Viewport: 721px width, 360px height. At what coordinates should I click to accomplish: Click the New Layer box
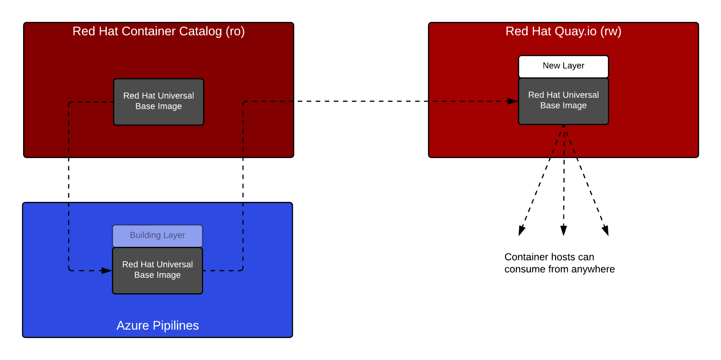pos(563,66)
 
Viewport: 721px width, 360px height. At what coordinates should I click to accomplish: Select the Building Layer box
pos(157,236)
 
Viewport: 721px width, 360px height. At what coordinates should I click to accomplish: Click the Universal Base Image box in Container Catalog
pos(159,102)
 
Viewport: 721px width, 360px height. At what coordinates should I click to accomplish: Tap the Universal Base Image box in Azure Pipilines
pos(157,271)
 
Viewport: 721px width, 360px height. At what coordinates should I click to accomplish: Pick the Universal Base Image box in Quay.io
pos(563,101)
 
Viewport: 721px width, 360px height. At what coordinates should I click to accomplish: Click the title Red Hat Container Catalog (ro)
pos(159,31)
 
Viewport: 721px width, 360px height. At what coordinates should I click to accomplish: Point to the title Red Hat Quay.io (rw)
pos(563,31)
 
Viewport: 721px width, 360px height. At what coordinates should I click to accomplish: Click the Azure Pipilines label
pos(158,325)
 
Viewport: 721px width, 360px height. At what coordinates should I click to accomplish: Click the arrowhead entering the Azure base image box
pos(106,271)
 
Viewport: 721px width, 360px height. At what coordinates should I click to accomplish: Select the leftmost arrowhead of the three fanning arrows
pos(521,231)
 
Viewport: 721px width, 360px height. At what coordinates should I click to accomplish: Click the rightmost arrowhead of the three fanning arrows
pos(606,231)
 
